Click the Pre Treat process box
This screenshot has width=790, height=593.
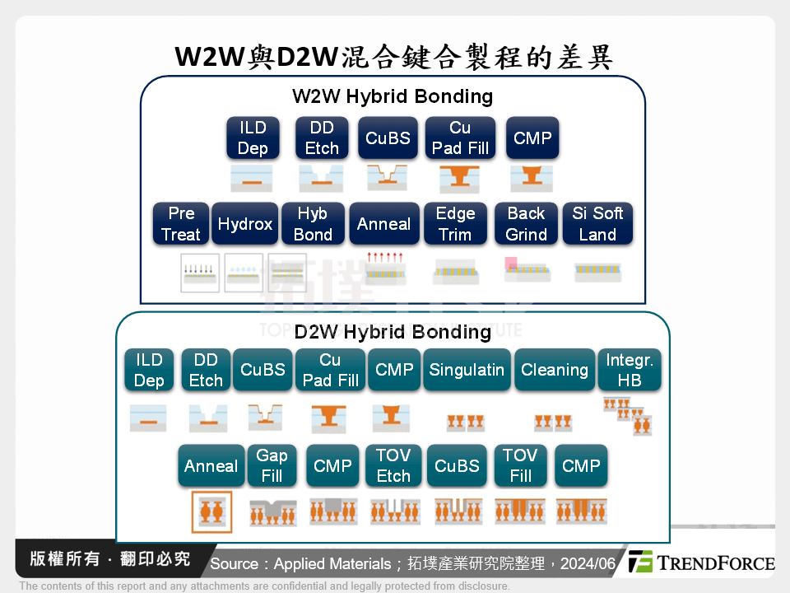[181, 224]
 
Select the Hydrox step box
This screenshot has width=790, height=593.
[245, 224]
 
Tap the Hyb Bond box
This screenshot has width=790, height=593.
[313, 224]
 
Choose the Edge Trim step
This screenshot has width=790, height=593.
[455, 224]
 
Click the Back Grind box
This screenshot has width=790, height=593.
[526, 224]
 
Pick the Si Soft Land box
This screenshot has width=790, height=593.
[597, 224]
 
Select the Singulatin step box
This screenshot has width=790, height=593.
[466, 371]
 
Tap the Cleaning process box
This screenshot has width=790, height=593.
[554, 371]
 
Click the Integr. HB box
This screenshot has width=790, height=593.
[630, 371]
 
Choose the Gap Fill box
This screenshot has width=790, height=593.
[272, 466]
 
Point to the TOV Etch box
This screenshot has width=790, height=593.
[393, 466]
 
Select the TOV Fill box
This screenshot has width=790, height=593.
[520, 466]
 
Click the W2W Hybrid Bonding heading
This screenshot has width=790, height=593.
[393, 96]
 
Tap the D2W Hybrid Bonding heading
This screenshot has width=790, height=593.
[393, 332]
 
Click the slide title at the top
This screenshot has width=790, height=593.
[394, 57]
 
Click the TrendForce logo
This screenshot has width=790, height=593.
[702, 563]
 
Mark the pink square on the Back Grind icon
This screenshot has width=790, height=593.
[511, 264]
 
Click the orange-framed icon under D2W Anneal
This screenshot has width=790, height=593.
[211, 511]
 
